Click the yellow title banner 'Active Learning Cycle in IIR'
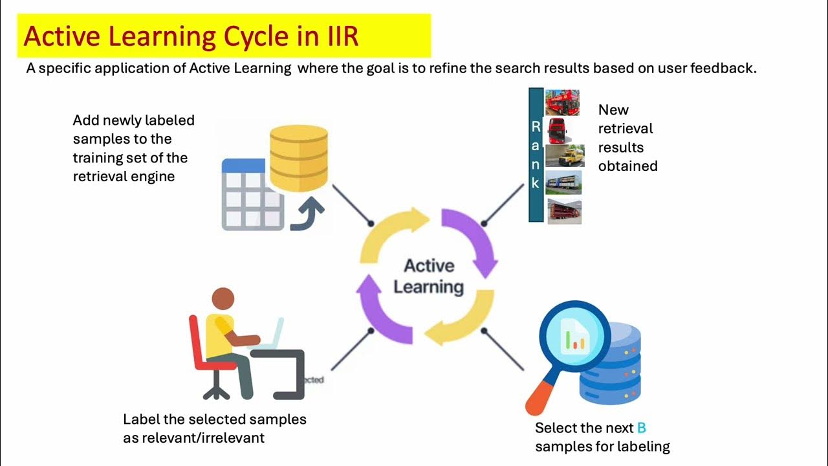[x=223, y=36]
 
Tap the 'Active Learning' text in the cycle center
[x=429, y=276]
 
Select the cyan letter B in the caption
[x=641, y=428]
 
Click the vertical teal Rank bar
[x=536, y=155]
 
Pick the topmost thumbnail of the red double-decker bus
[x=562, y=102]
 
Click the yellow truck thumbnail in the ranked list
[x=563, y=156]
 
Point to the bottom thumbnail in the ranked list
[x=564, y=211]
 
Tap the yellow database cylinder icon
[x=298, y=156]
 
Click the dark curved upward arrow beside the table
[x=308, y=214]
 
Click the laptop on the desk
[x=274, y=334]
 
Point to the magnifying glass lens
[x=575, y=337]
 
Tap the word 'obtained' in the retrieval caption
[x=627, y=166]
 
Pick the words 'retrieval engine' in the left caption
[x=124, y=176]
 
